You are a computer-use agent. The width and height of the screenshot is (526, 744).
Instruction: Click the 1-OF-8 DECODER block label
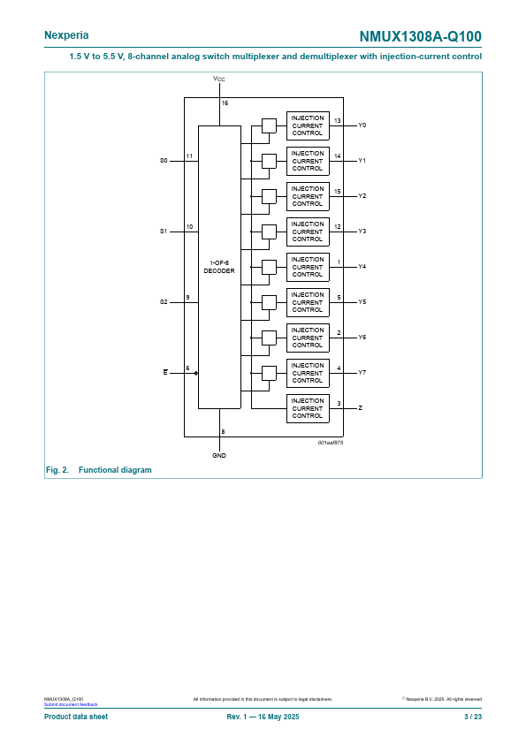click(219, 267)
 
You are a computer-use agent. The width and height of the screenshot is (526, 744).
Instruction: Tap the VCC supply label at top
click(219, 79)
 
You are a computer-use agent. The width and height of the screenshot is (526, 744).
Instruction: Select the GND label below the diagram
click(219, 456)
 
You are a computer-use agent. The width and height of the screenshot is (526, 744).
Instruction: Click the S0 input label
click(164, 161)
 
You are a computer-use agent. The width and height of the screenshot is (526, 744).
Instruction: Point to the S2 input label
click(164, 302)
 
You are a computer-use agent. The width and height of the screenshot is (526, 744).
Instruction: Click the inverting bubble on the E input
click(196, 373)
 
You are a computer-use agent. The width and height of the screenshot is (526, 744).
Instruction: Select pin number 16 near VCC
click(225, 103)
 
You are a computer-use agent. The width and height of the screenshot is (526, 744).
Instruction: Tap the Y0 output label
click(362, 125)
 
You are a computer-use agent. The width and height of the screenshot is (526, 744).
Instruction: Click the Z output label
click(361, 408)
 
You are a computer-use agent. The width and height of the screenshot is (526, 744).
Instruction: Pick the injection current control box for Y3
click(308, 232)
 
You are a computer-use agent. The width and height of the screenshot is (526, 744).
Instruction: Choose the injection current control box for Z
click(308, 408)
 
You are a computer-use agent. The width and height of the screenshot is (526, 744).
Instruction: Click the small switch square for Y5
click(269, 302)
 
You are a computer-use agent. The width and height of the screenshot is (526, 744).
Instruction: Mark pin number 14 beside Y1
click(338, 156)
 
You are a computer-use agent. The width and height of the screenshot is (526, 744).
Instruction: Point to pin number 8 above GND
click(223, 432)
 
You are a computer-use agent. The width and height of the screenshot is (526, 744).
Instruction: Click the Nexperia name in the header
click(66, 35)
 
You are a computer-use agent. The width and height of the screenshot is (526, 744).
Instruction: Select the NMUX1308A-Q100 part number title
click(420, 36)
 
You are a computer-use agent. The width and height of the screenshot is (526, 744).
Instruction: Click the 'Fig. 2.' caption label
click(57, 470)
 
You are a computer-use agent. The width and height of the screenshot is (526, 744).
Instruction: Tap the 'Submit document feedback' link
click(71, 704)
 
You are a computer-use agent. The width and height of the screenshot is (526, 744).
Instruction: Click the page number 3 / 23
click(473, 717)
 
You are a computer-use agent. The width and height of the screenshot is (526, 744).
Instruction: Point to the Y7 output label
click(362, 373)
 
